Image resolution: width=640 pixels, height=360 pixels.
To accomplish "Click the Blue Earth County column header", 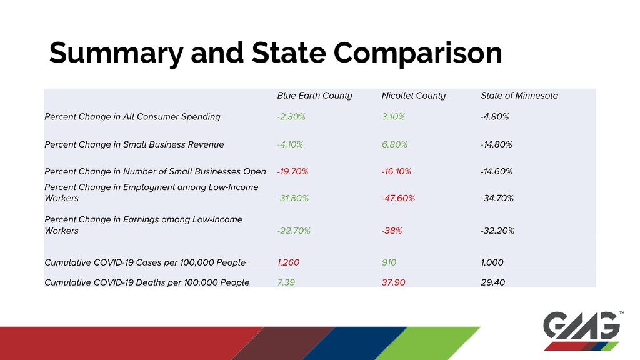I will coord(314,96).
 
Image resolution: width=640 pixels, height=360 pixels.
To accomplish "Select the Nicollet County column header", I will coord(413,96).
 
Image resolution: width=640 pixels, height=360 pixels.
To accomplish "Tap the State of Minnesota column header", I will coord(519,96).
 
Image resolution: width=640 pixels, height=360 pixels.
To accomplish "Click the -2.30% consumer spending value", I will coord(291,116).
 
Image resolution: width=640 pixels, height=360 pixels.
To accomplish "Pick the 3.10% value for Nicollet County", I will coord(393,116).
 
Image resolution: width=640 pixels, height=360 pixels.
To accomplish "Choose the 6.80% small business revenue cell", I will coord(394,144).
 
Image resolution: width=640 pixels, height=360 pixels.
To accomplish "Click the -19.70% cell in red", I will coord(292,171).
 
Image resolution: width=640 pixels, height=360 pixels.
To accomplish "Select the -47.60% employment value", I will coord(398,198).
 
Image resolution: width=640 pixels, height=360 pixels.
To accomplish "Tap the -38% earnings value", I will coord(391,231).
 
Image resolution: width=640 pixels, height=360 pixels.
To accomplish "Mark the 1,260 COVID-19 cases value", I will coord(289,262).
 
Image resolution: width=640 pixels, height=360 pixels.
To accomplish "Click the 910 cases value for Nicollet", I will coord(389,262).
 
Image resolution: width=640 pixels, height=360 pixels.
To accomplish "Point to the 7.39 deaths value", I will coord(286,282).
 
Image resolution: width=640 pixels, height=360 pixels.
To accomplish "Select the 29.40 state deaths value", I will coord(493,282).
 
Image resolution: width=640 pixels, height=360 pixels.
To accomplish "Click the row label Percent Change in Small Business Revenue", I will coord(134,144).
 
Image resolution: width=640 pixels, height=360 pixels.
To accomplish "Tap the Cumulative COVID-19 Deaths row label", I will coord(147,282).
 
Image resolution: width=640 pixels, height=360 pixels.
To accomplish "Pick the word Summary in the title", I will coord(115,54).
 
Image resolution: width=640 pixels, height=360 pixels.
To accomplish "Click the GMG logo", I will coord(582,330).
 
